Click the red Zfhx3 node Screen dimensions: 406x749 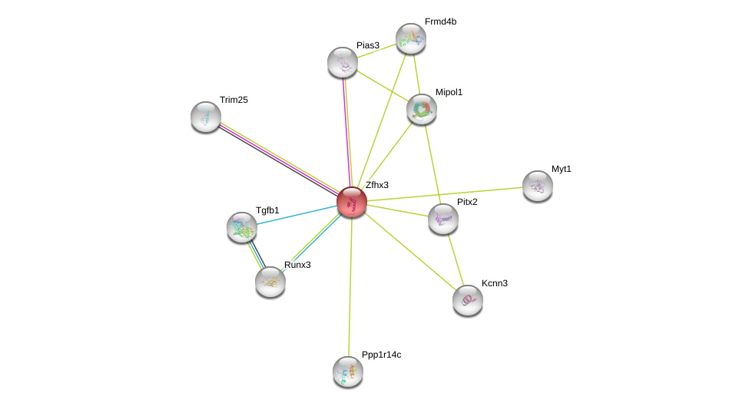(x=351, y=203)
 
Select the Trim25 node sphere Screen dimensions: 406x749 (x=206, y=117)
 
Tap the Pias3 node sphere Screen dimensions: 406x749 (x=342, y=62)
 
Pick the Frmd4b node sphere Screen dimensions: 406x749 (x=410, y=38)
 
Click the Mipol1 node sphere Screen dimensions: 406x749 (x=421, y=109)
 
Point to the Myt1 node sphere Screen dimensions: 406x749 (x=537, y=186)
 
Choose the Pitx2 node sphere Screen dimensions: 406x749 (x=442, y=219)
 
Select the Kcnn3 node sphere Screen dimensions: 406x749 (x=467, y=300)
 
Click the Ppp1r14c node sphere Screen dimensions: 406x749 (x=347, y=371)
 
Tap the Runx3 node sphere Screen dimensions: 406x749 (x=270, y=282)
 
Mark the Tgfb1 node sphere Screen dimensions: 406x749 (x=242, y=227)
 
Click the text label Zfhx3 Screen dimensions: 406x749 (x=377, y=185)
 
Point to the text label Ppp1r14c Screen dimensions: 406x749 (x=382, y=355)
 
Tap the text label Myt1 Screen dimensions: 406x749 (x=562, y=169)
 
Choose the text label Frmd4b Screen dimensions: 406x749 (x=440, y=21)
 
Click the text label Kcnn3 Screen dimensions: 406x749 (x=495, y=283)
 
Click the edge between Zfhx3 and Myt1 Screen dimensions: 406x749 (x=446, y=194)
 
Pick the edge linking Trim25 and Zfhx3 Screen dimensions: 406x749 (x=277, y=158)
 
